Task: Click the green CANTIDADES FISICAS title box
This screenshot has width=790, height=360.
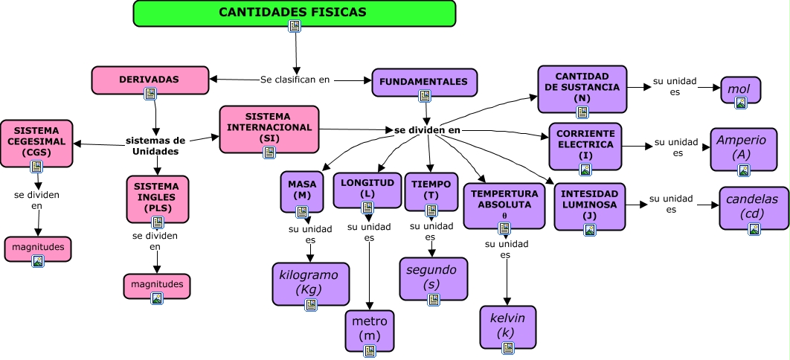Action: pyautogui.click(x=294, y=13)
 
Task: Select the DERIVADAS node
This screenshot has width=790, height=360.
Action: pyautogui.click(x=150, y=79)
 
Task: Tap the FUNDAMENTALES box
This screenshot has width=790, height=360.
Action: pyautogui.click(x=424, y=81)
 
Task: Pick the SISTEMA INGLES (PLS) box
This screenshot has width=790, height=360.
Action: pyautogui.click(x=157, y=198)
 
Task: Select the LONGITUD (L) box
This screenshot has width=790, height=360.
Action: pyautogui.click(x=367, y=188)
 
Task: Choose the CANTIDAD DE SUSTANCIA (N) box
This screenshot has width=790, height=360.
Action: pyautogui.click(x=582, y=87)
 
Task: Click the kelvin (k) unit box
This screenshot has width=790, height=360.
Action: pyautogui.click(x=507, y=326)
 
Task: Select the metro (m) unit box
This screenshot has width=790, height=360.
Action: pyautogui.click(x=370, y=329)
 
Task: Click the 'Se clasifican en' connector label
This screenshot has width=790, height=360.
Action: pyautogui.click(x=295, y=79)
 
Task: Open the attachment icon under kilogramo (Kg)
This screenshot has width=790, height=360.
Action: pyautogui.click(x=311, y=304)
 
